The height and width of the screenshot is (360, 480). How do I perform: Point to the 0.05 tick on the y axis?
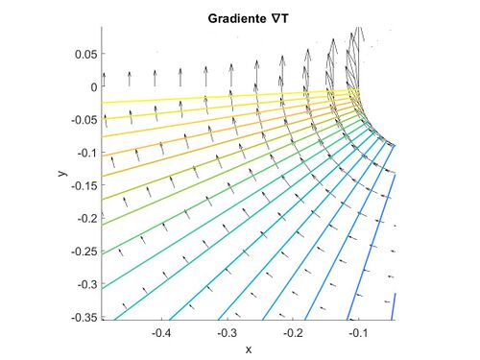click(x=86, y=55)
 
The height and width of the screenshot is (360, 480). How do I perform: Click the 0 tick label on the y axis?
click(x=94, y=87)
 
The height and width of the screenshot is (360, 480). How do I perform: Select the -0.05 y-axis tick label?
click(x=84, y=120)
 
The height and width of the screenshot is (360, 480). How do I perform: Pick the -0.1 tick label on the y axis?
click(x=87, y=153)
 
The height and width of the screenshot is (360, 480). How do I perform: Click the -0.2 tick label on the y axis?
click(x=87, y=219)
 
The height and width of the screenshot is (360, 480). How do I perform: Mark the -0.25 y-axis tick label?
click(x=84, y=252)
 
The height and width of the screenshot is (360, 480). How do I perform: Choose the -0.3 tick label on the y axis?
click(x=87, y=284)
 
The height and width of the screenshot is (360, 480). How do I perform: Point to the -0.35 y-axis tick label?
click(x=84, y=317)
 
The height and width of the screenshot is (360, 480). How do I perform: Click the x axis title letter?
click(x=249, y=348)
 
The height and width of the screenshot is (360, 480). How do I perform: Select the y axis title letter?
click(x=60, y=173)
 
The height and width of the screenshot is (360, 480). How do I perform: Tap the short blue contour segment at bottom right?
click(x=394, y=305)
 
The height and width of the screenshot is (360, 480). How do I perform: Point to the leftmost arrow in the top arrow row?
click(x=104, y=78)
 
